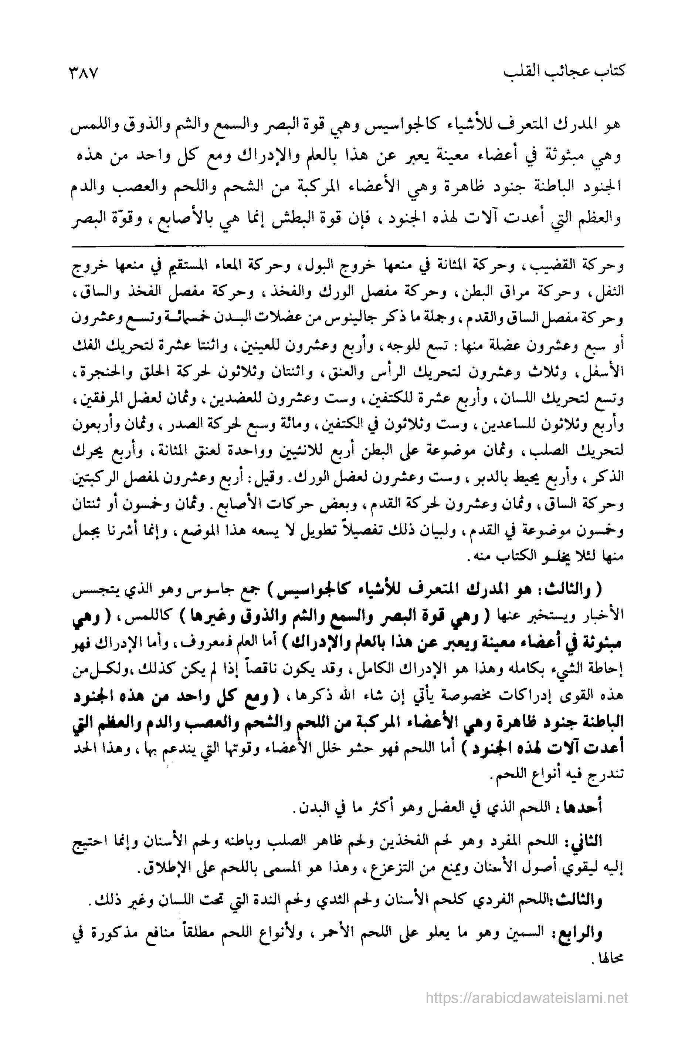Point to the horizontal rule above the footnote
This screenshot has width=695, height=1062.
click(x=347, y=246)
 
